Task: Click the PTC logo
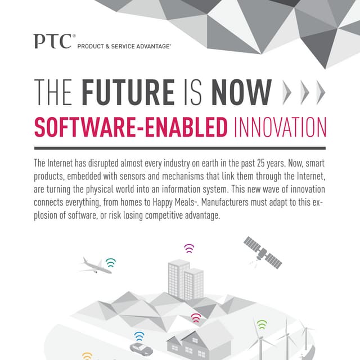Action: tap(52, 42)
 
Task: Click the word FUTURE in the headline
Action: tap(128, 93)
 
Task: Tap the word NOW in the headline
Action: tap(241, 93)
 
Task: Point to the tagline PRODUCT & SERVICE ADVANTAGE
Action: tap(124, 46)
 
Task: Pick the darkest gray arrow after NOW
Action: tap(321, 93)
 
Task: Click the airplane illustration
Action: tap(95, 265)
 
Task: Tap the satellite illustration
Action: tap(262, 251)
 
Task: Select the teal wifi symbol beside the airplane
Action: tap(111, 262)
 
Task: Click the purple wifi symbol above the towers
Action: tap(189, 248)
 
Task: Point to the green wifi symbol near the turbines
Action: tap(262, 325)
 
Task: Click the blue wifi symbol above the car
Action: tap(139, 337)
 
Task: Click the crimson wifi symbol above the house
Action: tap(196, 318)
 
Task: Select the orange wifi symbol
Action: tap(87, 356)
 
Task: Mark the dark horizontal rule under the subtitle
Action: tap(179, 148)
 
